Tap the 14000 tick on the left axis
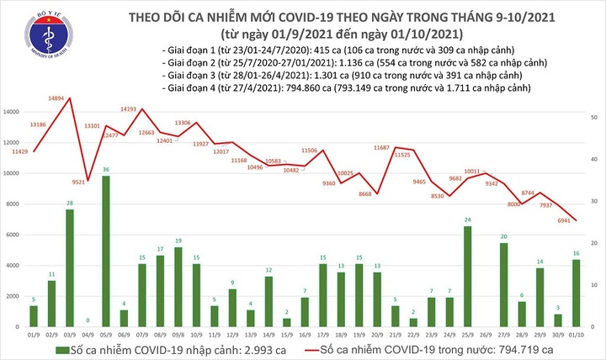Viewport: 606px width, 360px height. (x=13, y=112)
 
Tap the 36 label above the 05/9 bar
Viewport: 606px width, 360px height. (x=105, y=170)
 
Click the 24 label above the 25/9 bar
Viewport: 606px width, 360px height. (x=467, y=220)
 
